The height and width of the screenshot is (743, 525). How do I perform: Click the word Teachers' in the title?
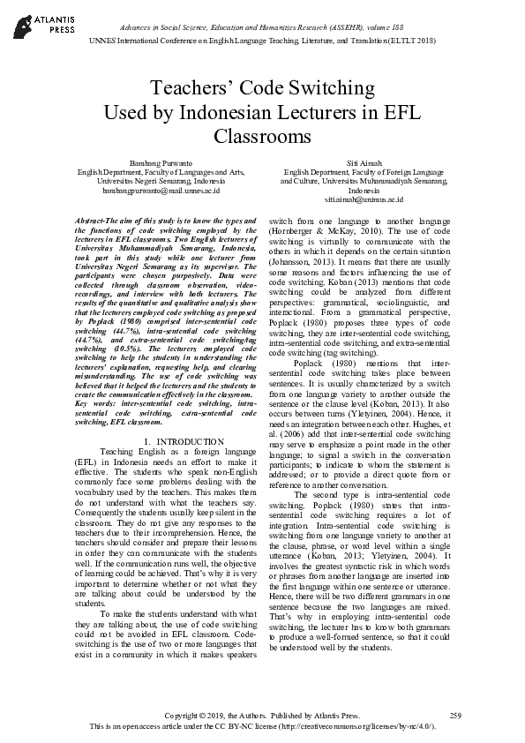coord(188,89)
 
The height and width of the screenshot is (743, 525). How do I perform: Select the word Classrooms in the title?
coord(262,136)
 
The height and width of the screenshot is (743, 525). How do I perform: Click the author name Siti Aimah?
coord(363,162)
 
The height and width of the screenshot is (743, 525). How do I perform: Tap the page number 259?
coord(455,714)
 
